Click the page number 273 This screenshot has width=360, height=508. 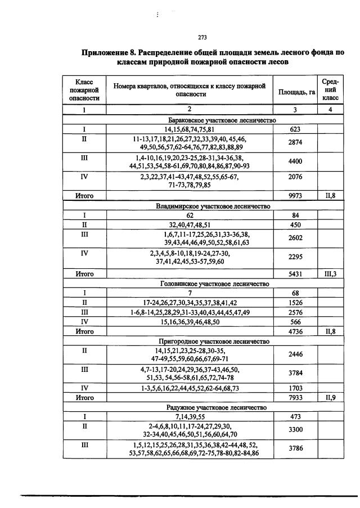click(x=204, y=38)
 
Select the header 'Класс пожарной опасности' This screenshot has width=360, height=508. click(x=84, y=89)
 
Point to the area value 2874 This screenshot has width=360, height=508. click(x=295, y=143)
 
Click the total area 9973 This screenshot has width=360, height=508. click(x=295, y=196)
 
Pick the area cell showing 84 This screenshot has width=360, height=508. click(x=295, y=215)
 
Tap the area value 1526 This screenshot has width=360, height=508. click(x=295, y=303)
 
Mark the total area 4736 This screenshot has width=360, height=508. click(x=295, y=331)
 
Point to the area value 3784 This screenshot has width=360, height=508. click(x=295, y=374)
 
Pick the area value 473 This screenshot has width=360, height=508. click(x=295, y=417)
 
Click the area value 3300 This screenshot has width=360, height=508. click(x=295, y=430)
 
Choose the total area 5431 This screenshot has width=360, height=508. click(x=295, y=273)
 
